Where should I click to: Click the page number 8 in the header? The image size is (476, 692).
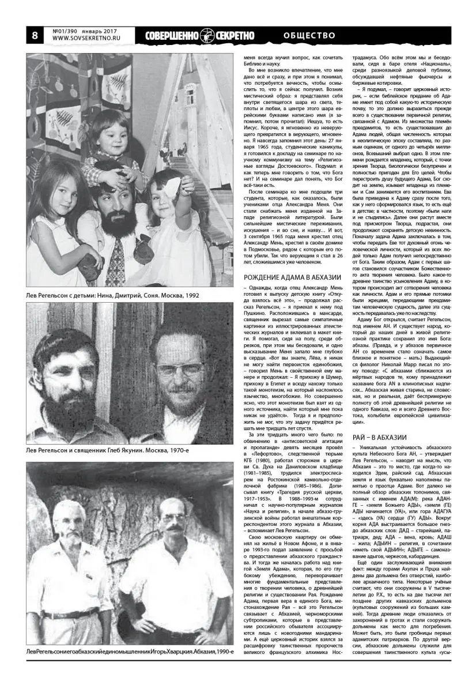(x=35, y=35)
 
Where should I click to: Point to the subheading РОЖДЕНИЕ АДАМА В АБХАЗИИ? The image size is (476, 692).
(x=288, y=277)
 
